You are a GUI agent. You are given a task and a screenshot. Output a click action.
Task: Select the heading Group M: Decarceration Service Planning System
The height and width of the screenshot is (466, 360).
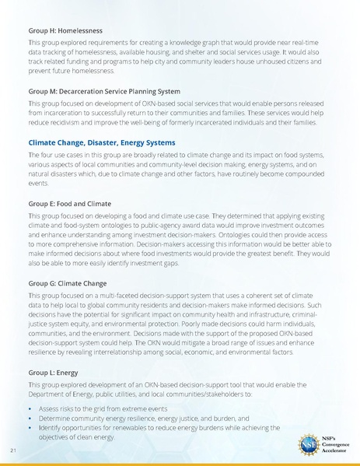point(103,91)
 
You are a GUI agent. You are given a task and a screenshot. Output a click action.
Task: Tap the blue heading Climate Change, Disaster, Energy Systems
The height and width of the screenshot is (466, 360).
point(101,143)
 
